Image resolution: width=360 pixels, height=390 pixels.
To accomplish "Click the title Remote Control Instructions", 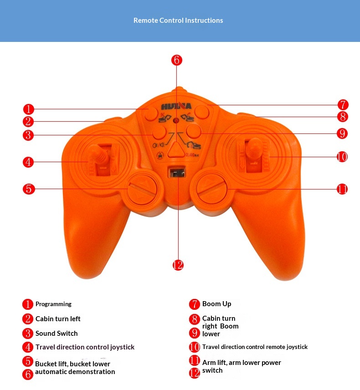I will (178, 21).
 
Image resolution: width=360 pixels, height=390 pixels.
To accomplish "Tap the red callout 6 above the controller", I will (177, 60).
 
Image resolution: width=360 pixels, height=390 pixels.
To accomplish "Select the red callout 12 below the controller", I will (178, 265).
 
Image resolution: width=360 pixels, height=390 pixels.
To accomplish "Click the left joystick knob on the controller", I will (101, 152).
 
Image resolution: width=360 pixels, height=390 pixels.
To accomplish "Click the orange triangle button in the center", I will (175, 150).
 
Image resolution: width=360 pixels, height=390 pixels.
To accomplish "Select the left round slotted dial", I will (143, 189).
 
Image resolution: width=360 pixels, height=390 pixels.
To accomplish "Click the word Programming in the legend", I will (54, 304).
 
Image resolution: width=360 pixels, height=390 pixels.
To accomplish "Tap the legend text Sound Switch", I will (57, 334).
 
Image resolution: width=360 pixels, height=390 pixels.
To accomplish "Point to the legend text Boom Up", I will (217, 304).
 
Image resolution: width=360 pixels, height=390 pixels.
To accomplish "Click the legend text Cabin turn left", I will (58, 319).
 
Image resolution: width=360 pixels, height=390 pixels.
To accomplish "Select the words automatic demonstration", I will (75, 372).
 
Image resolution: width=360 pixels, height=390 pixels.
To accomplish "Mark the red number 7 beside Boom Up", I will (195, 304).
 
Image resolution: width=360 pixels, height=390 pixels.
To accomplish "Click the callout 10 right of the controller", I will (342, 157).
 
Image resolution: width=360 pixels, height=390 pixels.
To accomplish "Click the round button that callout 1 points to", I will (151, 114).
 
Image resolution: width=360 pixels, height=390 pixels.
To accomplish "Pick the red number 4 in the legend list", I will (28, 347).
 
